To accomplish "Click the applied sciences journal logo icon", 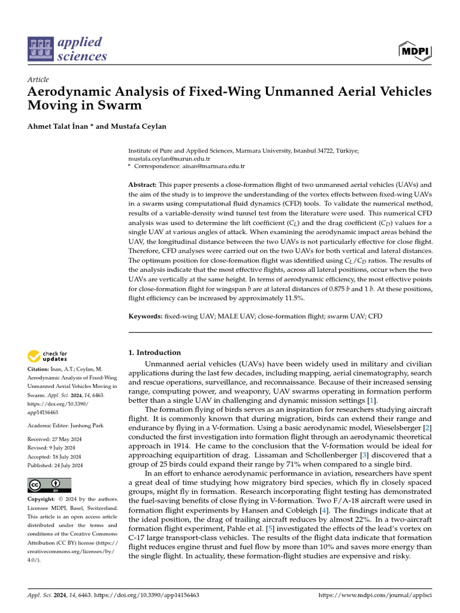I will coord(41,50).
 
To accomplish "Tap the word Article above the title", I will coord(38,80).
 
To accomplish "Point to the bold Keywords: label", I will coord(146,315).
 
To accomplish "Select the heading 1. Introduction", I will coord(155,353).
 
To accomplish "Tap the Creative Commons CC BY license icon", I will coord(49,485).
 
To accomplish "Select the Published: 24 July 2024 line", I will coord(55,466).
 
